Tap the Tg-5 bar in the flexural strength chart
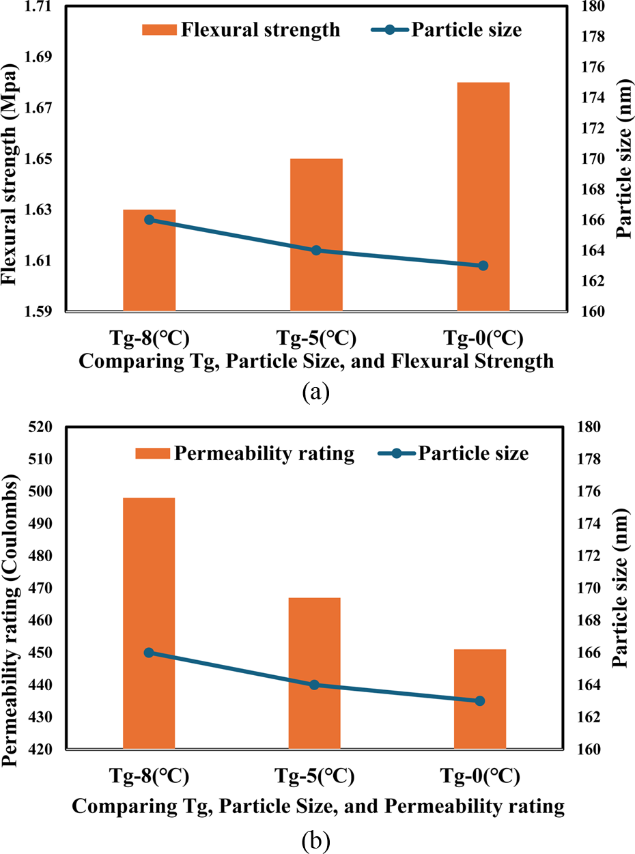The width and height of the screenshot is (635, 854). tap(316, 235)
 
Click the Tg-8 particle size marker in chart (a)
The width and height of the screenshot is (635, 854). tap(149, 220)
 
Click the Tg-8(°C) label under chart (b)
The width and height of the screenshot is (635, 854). tap(149, 777)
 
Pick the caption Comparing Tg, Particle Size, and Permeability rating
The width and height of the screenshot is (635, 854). tap(317, 806)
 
